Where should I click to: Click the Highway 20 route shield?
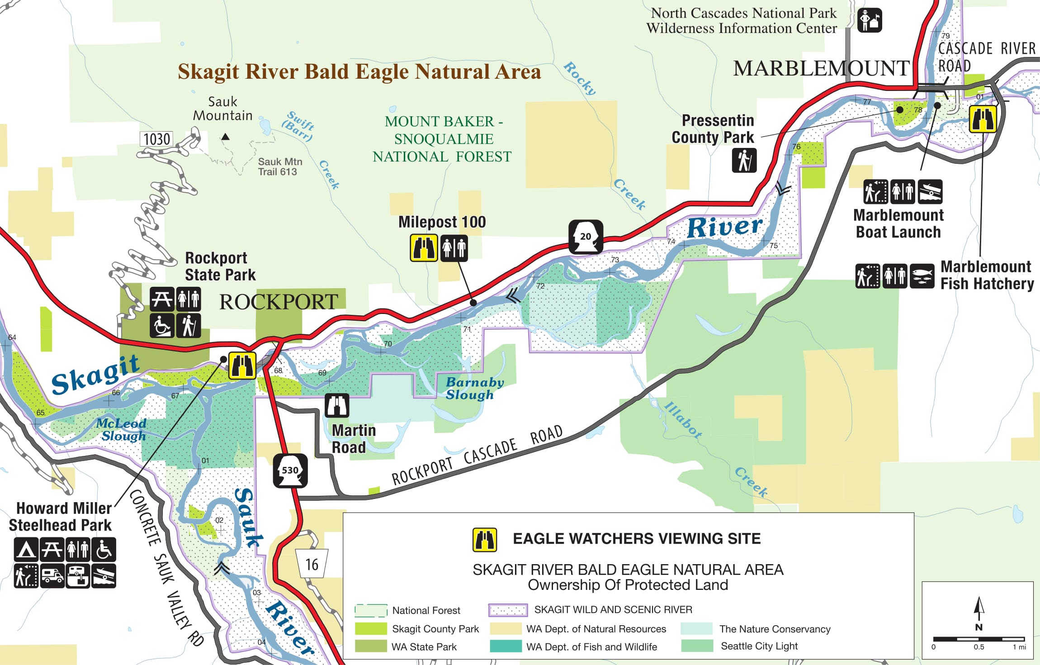point(586,237)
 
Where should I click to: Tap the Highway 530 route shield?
point(290,471)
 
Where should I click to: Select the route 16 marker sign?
point(312,564)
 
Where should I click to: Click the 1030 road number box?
point(156,139)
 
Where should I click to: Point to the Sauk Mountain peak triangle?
point(225,137)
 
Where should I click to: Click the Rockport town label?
point(279,302)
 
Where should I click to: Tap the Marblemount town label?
point(821,68)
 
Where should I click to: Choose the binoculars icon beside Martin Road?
point(337,405)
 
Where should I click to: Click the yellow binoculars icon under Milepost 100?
point(424,247)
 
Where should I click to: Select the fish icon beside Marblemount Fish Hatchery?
point(922,276)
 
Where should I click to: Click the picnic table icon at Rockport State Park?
point(162,299)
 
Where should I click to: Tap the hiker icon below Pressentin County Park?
point(744,161)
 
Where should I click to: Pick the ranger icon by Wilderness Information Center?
point(870,20)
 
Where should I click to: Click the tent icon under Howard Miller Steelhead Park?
point(26,550)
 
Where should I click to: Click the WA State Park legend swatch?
point(371,646)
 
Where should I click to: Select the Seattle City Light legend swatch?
point(697,646)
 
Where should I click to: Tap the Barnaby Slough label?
point(474,388)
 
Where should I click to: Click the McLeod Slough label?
point(122,429)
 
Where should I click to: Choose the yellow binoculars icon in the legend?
point(484,540)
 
